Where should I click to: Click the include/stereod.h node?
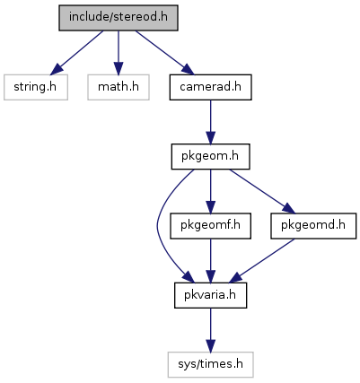point(119,18)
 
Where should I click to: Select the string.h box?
point(36,87)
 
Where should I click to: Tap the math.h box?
point(119,87)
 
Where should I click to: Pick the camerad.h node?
point(211,87)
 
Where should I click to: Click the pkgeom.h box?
point(211,156)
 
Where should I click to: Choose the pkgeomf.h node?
point(211,226)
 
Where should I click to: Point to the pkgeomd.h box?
point(313,226)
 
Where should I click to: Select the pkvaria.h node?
point(211,295)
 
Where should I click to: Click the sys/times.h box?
point(211,364)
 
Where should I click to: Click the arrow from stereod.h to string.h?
point(76,53)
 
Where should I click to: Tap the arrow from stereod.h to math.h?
point(119,52)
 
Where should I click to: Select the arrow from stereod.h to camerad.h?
point(165,52)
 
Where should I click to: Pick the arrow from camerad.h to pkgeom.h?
point(211,122)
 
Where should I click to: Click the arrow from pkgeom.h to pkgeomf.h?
point(211,191)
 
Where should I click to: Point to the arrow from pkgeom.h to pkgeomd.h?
point(262,191)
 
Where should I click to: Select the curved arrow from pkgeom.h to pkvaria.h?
point(158,226)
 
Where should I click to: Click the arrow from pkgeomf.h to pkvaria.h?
point(211,261)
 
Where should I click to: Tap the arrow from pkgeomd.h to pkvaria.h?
point(262,261)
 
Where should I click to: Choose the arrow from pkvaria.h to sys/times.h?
point(211,330)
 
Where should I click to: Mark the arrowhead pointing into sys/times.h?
point(211,346)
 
